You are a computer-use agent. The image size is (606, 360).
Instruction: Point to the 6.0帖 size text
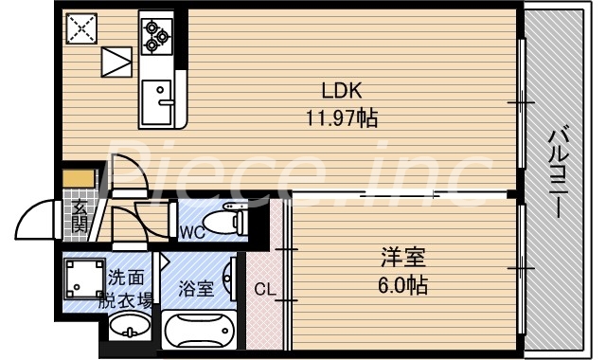coord(403,283)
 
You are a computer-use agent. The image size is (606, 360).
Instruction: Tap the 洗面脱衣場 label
coord(130,289)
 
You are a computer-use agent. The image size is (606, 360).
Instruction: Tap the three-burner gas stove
coord(154,34)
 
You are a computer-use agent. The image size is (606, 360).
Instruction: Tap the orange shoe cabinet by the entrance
coord(80,178)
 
